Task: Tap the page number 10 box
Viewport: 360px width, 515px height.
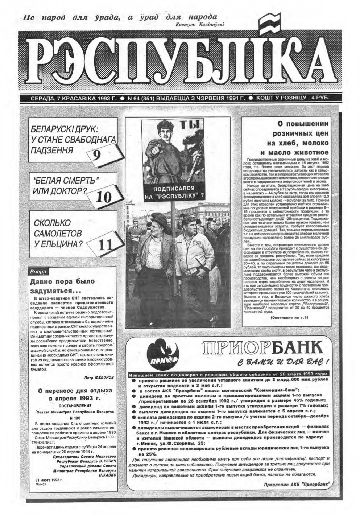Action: (x=104, y=196)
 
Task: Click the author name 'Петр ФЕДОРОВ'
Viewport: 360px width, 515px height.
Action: (x=99, y=378)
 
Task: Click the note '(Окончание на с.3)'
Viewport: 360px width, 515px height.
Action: (x=289, y=318)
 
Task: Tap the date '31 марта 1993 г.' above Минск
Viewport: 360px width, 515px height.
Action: (x=49, y=480)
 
